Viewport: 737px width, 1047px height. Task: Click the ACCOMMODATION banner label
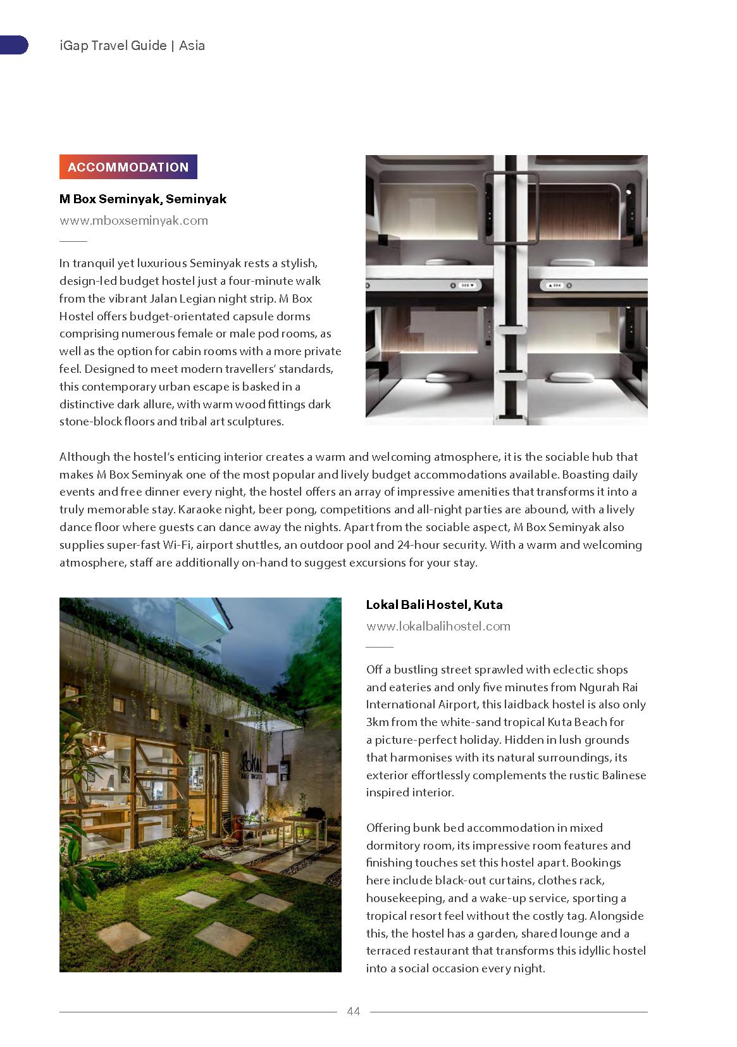coord(128,167)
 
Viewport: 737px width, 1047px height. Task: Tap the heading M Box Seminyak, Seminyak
coord(142,199)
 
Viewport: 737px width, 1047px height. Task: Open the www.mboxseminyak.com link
coord(133,220)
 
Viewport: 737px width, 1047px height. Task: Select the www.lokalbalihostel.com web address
coord(438,626)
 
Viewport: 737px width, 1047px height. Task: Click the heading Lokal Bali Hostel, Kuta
coord(434,605)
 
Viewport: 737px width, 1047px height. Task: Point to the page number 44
coord(353,1012)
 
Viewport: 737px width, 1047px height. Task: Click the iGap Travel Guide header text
coord(112,46)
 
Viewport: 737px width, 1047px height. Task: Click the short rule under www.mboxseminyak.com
coord(73,241)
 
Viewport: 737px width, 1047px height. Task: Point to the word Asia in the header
coord(192,46)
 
